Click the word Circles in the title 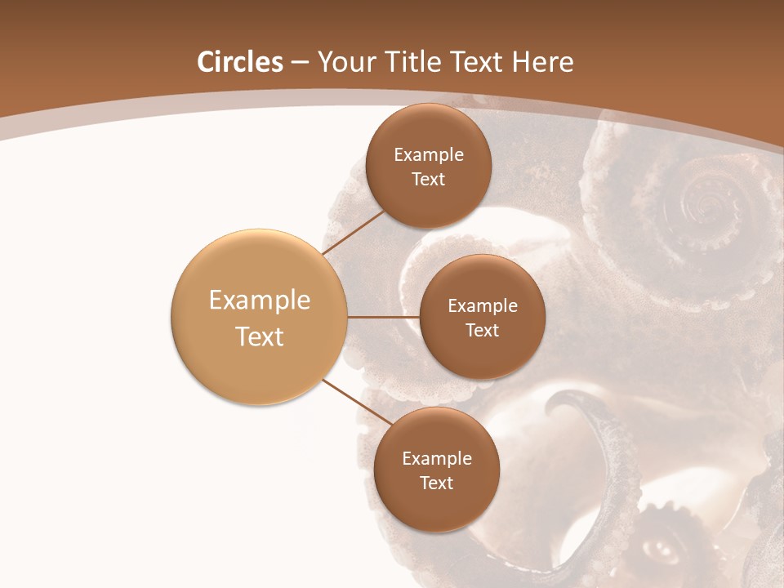tap(240, 62)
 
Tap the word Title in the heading tap(408, 62)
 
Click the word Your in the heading tap(346, 62)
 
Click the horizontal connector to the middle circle tap(384, 317)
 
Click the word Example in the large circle tap(260, 301)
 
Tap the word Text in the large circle tap(260, 336)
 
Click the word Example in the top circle tap(429, 154)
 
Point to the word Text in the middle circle tap(482, 330)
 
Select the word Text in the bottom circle tap(436, 483)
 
